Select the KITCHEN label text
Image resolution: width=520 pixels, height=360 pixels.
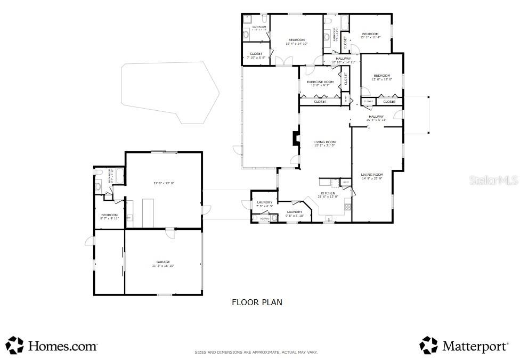point(328,193)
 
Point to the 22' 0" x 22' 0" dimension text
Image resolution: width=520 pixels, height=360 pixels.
point(164,183)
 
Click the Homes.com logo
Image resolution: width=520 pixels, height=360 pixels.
point(52,346)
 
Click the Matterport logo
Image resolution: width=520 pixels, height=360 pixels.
point(464,346)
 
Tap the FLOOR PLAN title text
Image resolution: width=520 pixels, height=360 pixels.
point(257,302)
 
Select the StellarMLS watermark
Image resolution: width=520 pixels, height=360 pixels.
point(493,181)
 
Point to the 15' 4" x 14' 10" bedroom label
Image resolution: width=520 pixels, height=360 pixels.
point(296,42)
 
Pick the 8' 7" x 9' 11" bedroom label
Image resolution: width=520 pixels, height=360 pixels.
point(109,217)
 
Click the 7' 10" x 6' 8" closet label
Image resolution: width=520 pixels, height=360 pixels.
point(256,55)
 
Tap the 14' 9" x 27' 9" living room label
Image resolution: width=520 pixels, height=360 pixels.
point(372,177)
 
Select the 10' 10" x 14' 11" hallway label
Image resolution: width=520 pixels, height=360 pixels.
point(343,60)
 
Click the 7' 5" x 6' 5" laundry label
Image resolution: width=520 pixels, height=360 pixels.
point(264,204)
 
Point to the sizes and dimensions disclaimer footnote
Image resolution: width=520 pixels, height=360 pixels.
point(256,353)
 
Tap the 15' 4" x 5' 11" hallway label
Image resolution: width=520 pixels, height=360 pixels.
point(376,118)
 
